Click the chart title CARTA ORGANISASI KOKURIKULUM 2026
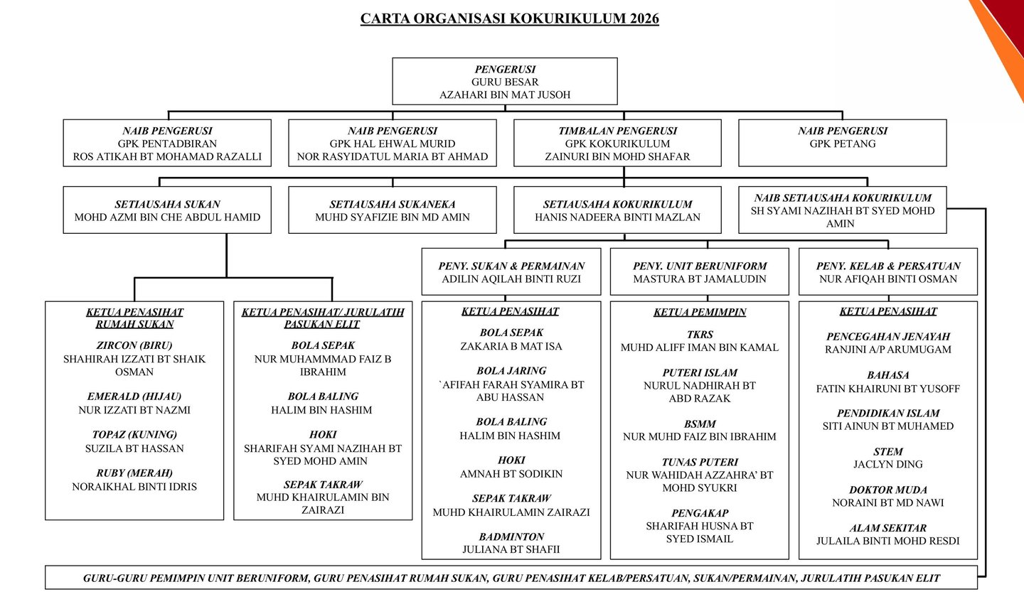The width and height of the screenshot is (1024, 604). [x=509, y=18]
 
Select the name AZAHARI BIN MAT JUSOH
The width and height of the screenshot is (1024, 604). [x=505, y=95]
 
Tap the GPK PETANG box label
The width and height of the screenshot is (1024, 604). [x=843, y=144]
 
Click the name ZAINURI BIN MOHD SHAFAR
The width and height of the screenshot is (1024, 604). [x=617, y=156]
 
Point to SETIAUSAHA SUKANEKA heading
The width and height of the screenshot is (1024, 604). [x=393, y=204]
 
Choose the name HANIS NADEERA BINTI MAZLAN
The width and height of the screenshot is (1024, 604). [x=617, y=217]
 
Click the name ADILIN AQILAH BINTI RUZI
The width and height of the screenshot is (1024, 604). [x=511, y=279]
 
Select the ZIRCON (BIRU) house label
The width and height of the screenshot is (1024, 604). [x=134, y=345]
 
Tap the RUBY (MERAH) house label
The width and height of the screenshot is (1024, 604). [x=134, y=473]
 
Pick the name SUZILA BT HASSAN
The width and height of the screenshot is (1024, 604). [x=134, y=448]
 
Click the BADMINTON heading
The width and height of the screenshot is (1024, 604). [x=511, y=536]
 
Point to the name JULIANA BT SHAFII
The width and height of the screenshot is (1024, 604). [x=511, y=549]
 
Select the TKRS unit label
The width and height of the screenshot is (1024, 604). [x=700, y=334]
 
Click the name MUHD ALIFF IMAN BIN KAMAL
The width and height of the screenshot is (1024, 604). [x=700, y=347]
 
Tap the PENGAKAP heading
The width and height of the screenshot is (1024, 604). [x=700, y=513]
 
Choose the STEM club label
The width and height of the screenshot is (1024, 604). [x=888, y=451]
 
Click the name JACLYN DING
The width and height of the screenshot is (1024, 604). [x=888, y=464]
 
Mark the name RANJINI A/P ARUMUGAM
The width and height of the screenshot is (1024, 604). [x=888, y=350]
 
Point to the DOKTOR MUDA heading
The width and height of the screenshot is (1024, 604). [x=888, y=490]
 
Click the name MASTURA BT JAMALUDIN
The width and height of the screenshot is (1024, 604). [x=700, y=279]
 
